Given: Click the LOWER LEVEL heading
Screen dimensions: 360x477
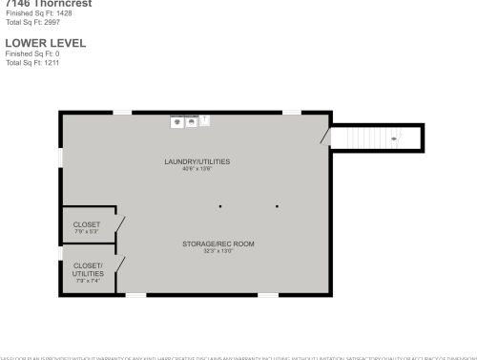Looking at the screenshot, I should click(45, 43).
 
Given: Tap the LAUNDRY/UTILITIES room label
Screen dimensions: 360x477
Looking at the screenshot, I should click(197, 161).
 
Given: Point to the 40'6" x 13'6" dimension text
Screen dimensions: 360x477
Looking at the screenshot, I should click(197, 169).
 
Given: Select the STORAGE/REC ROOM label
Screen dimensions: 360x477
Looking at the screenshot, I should click(218, 244).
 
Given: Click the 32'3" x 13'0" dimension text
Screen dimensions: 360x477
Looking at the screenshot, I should click(218, 251).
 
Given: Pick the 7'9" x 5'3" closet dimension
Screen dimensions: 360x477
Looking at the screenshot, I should click(87, 232).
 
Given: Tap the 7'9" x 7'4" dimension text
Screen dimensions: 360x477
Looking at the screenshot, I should click(87, 281).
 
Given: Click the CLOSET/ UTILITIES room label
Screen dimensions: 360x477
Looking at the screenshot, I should click(87, 269).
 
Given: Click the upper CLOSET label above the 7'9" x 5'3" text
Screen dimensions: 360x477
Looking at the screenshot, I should click(87, 224).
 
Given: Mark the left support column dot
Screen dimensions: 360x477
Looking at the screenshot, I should click(220, 206).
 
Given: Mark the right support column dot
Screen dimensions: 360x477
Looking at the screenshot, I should click(278, 206).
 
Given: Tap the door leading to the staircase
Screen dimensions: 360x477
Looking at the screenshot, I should click(327, 137).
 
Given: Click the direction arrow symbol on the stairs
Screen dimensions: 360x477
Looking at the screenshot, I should click(394, 138).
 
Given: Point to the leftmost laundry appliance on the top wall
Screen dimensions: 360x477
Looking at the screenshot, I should click(176, 121).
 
